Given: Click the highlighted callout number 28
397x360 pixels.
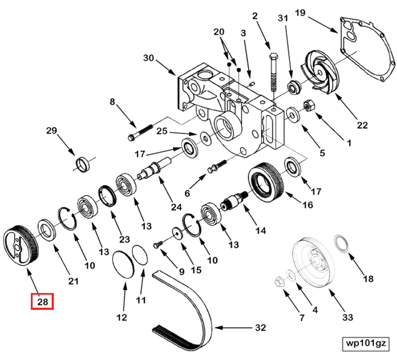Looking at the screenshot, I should coord(42,301).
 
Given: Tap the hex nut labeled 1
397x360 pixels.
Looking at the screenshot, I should coord(309,106).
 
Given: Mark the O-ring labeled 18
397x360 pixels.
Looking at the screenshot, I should coord(341,243).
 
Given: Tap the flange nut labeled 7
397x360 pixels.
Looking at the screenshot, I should coord(278,283).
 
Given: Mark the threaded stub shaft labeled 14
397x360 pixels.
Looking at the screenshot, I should coord(232,202).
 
